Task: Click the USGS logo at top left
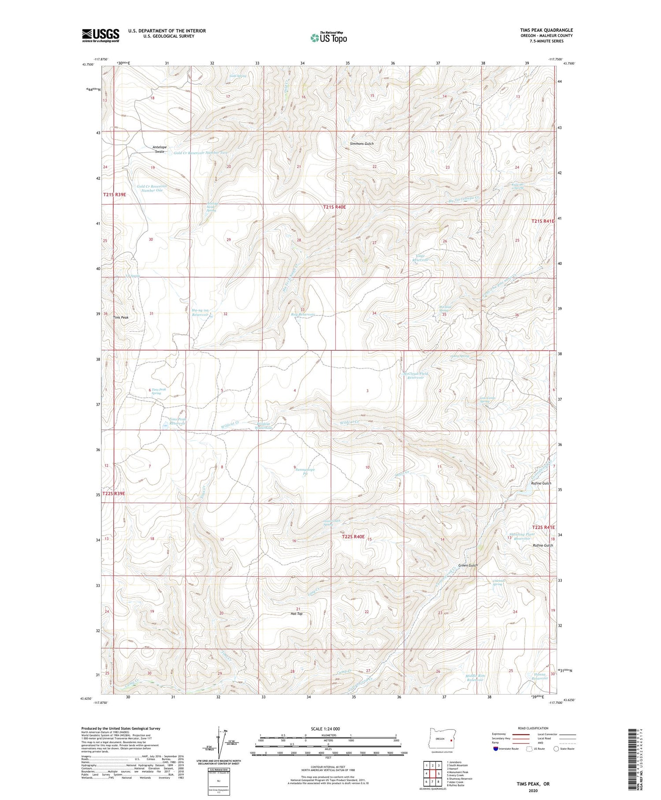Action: click(x=100, y=35)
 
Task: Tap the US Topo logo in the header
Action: click(x=329, y=38)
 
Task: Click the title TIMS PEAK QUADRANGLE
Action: click(x=546, y=30)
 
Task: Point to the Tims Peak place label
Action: click(x=121, y=317)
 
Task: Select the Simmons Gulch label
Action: click(x=361, y=144)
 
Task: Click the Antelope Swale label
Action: click(x=159, y=149)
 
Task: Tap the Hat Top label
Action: click(x=297, y=614)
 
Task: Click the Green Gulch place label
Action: click(x=468, y=565)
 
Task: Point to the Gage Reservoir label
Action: click(x=420, y=258)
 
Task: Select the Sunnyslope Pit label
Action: click(x=305, y=472)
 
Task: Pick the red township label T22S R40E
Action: click(x=353, y=537)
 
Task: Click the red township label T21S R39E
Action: click(x=115, y=195)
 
